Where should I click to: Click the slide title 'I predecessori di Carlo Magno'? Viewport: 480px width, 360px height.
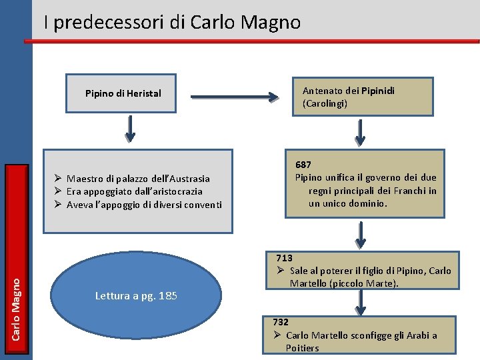coord(172,23)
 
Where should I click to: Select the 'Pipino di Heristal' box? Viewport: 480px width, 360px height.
coord(123,93)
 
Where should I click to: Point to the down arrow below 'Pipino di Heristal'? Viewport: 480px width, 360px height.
coord(130,129)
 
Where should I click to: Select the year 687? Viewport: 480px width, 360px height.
coord(304,164)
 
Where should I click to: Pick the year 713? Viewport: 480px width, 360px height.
coord(285,258)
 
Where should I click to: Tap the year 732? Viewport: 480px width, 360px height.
coord(280,322)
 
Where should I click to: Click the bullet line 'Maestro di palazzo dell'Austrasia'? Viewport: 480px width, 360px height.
coord(138,179)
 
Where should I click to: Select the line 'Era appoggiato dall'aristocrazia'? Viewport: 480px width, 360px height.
coord(134,191)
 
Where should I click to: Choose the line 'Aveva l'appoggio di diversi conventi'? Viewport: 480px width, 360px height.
coord(144,205)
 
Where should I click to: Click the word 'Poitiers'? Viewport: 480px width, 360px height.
coord(303,348)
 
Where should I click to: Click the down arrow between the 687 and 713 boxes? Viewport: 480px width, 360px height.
coord(360,234)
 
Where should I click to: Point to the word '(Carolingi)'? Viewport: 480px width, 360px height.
coord(325,104)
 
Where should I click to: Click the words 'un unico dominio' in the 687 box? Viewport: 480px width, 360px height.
coord(347,203)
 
